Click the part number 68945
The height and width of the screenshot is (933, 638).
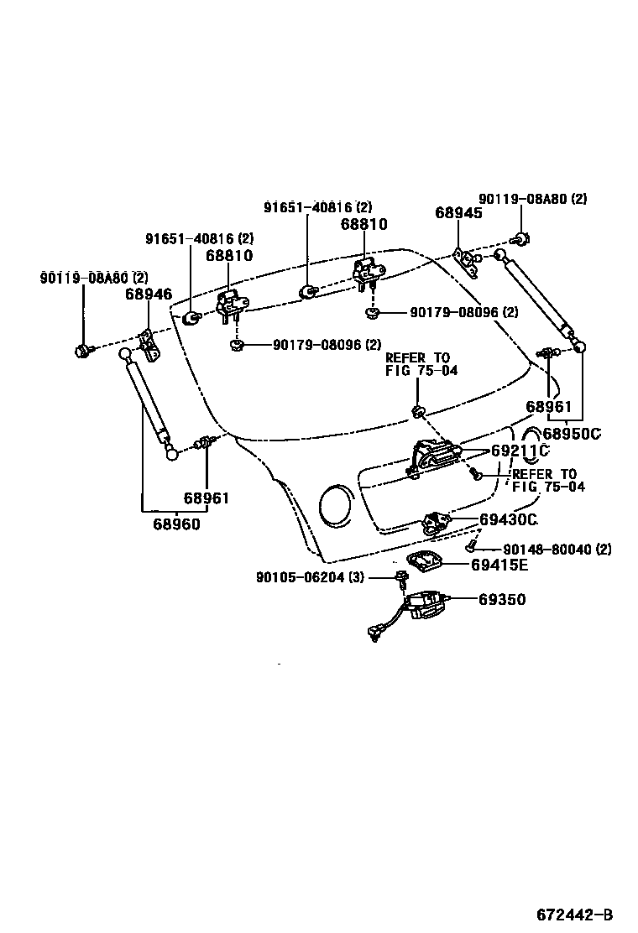(x=458, y=213)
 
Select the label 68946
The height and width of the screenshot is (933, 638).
(x=149, y=294)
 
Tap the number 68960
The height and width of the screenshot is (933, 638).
(x=176, y=524)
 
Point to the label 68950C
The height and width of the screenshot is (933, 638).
(x=573, y=434)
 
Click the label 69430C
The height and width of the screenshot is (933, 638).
(x=508, y=519)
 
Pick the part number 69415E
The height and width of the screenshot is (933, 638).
(x=499, y=565)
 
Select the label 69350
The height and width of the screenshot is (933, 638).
(x=503, y=600)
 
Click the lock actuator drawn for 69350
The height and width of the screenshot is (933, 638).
(x=427, y=605)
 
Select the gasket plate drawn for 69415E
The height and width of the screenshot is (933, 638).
(x=431, y=563)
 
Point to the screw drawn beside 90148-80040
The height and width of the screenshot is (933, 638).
(x=472, y=548)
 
